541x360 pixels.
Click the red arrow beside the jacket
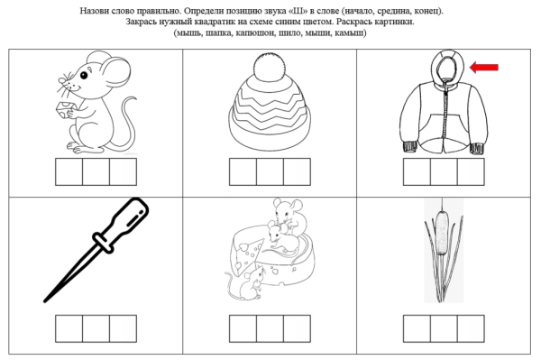pos(485,67)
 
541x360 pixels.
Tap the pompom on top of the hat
pos(269,64)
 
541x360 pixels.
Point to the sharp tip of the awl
pos(47,298)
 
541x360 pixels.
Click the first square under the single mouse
pos(70,172)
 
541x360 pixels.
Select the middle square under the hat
pos(270,172)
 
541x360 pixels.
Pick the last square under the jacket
pos(470,172)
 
